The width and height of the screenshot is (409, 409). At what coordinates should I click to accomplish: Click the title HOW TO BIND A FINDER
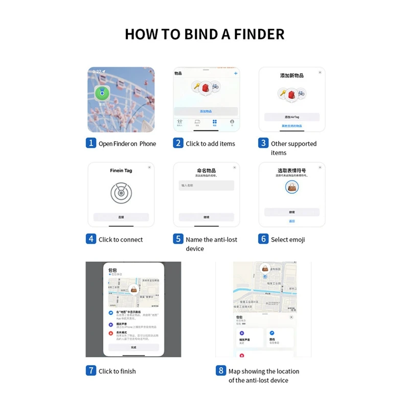(204, 34)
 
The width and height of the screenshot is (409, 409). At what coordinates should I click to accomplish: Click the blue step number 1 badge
(90, 143)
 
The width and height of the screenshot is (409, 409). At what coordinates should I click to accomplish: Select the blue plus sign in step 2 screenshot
(236, 74)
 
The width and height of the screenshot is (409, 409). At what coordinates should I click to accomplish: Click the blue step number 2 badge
(178, 143)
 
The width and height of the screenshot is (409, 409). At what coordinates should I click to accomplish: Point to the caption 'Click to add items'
(211, 144)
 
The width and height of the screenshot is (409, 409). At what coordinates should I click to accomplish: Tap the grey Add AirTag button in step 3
(291, 117)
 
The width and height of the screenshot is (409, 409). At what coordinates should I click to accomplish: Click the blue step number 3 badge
(263, 143)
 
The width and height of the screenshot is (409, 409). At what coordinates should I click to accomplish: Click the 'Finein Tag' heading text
(121, 171)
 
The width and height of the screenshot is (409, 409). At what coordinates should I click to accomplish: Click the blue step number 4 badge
(90, 239)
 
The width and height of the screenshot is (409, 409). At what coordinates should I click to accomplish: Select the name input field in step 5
(207, 186)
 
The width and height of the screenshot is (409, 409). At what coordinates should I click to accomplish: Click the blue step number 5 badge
(178, 239)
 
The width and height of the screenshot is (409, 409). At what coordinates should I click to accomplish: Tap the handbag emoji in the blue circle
(292, 188)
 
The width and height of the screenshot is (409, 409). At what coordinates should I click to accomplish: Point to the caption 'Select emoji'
(288, 239)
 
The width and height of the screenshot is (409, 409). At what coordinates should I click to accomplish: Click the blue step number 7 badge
(90, 371)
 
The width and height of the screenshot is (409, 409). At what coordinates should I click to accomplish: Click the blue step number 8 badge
(221, 371)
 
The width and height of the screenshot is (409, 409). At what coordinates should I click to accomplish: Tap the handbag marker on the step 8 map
(265, 267)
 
